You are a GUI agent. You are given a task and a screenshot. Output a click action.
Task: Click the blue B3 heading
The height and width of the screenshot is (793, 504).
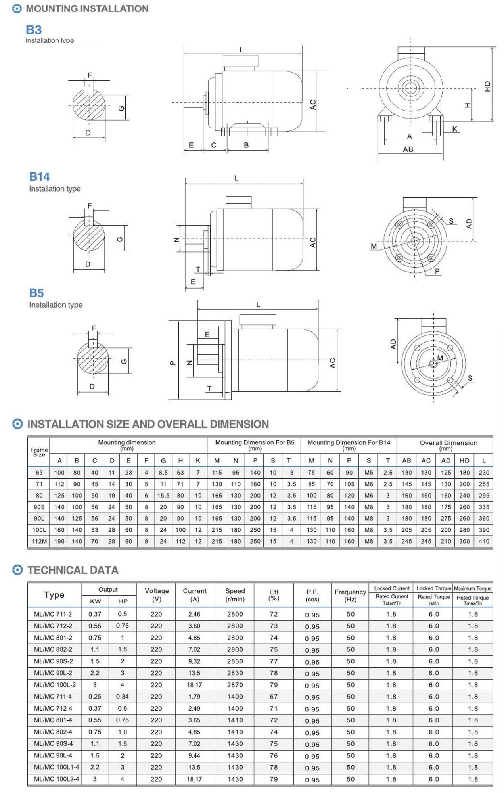pos(34,30)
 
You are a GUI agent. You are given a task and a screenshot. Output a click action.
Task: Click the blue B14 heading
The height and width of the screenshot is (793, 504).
pos(39,177)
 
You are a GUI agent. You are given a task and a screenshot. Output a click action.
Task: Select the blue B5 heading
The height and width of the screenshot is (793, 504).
pos(36,293)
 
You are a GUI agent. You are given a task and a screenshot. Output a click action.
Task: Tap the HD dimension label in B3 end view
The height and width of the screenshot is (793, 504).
pos(487,86)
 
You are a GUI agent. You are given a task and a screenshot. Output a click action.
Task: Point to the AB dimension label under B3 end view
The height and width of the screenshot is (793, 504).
pos(408,149)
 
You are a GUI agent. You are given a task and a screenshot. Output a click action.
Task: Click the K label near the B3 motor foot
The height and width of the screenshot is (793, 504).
pos(454,129)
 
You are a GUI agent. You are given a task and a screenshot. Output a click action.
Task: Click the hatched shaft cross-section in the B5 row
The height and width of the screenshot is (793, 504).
pos(93,358)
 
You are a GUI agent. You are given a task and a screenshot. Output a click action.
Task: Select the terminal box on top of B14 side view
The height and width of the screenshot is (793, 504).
pos(238,202)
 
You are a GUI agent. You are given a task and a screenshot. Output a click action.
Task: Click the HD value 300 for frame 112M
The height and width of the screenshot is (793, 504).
pos(464,541)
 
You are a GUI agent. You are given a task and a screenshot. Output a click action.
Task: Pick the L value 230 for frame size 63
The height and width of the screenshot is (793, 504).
pos(484,473)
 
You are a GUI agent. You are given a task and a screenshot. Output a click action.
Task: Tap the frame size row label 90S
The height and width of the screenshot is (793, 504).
pos(39,507)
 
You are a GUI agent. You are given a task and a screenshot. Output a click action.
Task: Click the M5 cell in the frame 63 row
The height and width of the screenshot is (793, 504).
pos(369,473)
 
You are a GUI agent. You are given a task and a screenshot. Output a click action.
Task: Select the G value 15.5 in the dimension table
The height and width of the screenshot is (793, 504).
pos(163,495)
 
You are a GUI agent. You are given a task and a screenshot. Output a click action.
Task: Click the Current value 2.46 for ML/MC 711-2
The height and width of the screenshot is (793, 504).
pos(194,614)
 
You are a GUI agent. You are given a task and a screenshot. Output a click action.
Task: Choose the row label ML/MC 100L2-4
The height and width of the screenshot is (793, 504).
pos(56,779)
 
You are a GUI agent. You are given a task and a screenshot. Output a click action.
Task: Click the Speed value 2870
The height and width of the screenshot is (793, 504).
pos(235,685)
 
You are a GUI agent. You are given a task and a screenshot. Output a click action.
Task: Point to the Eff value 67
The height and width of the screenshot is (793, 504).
pos(274,697)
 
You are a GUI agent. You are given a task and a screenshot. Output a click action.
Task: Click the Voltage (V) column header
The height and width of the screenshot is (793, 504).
pos(157,595)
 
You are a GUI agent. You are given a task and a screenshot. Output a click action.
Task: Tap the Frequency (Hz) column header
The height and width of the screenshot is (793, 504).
pos(350,595)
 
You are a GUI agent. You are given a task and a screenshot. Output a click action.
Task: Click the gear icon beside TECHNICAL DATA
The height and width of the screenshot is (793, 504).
pos(17,570)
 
